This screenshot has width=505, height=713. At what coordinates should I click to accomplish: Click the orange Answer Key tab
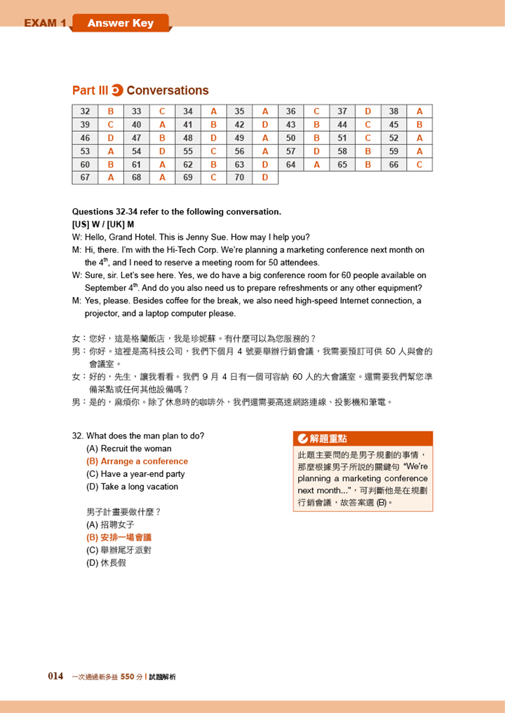click(120, 23)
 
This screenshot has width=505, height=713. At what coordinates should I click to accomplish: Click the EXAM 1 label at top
click(45, 23)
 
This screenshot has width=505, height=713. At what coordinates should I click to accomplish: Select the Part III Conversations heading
click(140, 90)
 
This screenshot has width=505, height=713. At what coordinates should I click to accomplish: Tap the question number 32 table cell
click(85, 111)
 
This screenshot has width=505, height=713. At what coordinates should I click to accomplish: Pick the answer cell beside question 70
click(265, 177)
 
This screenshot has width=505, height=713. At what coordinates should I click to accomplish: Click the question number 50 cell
click(290, 137)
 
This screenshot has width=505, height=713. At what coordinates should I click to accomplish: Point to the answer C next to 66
click(419, 164)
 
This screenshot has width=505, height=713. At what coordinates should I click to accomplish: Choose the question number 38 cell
click(393, 111)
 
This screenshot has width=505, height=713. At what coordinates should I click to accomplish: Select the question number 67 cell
click(85, 177)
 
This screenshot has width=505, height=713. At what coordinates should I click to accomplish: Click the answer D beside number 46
click(111, 137)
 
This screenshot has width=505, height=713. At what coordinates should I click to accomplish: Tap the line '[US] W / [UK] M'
click(102, 224)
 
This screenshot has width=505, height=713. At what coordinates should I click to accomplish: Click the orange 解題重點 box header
click(363, 438)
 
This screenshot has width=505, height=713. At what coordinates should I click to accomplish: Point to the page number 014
click(55, 676)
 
